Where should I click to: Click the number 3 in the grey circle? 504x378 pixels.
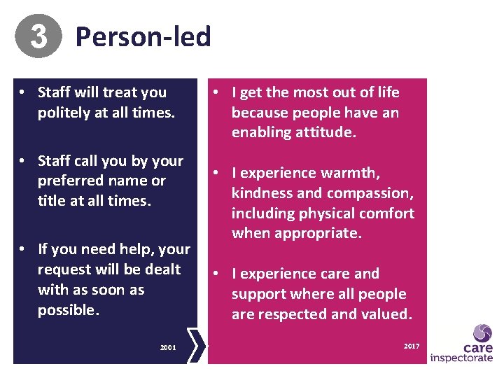pyautogui.click(x=38, y=36)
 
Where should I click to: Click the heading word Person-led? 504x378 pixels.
pyautogui.click(x=143, y=36)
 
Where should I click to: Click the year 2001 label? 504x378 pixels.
pyautogui.click(x=168, y=347)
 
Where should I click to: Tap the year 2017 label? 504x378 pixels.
pyautogui.click(x=412, y=346)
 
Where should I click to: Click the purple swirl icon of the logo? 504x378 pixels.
pyautogui.click(x=482, y=333)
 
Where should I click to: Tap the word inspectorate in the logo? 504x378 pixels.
pyautogui.click(x=461, y=358)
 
